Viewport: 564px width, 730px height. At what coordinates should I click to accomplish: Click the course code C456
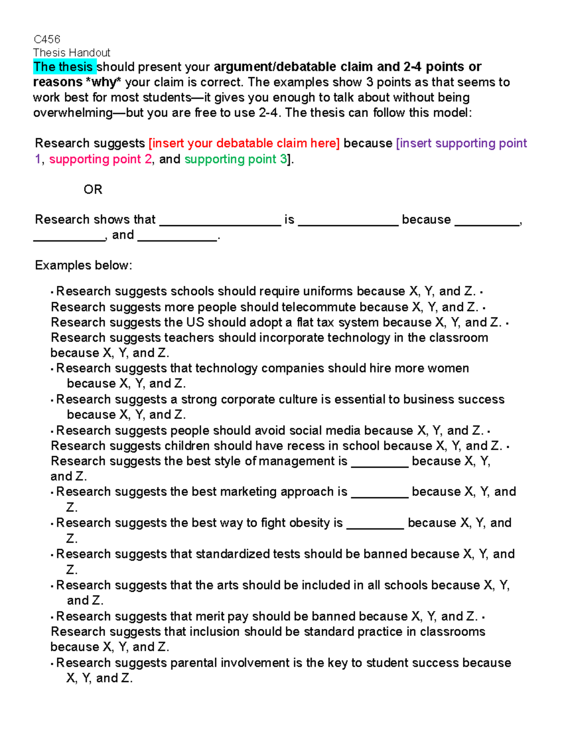pos(47,39)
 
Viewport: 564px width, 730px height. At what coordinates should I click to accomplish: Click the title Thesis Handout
pos(71,53)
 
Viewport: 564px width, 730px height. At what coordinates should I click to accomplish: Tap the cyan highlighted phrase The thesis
pos(64,67)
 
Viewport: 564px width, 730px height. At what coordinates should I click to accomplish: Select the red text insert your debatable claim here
pos(244,143)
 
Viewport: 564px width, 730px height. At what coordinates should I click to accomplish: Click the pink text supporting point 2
pos(101,159)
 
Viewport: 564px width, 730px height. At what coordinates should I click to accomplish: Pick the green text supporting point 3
pos(235,159)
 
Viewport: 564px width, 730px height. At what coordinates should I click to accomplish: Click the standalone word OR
pos(93,189)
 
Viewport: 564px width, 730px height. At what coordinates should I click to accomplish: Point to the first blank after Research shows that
pos(220,221)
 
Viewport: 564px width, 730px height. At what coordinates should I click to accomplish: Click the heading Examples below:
pos(84,266)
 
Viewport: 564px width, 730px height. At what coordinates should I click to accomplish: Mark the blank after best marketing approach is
pos(379,493)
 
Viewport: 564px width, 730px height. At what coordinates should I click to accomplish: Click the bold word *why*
pos(103,82)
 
